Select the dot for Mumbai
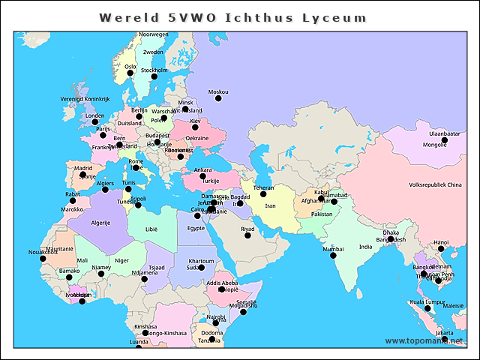[333, 255]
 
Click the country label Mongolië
[434, 145]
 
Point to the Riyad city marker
[247, 235]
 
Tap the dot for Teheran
[263, 194]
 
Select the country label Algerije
[100, 223]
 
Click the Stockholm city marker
[154, 76]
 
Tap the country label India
[365, 247]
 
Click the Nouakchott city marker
[42, 259]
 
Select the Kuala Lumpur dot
[427, 308]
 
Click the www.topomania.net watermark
[424, 341]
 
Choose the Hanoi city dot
[441, 249]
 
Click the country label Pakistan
[322, 214]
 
